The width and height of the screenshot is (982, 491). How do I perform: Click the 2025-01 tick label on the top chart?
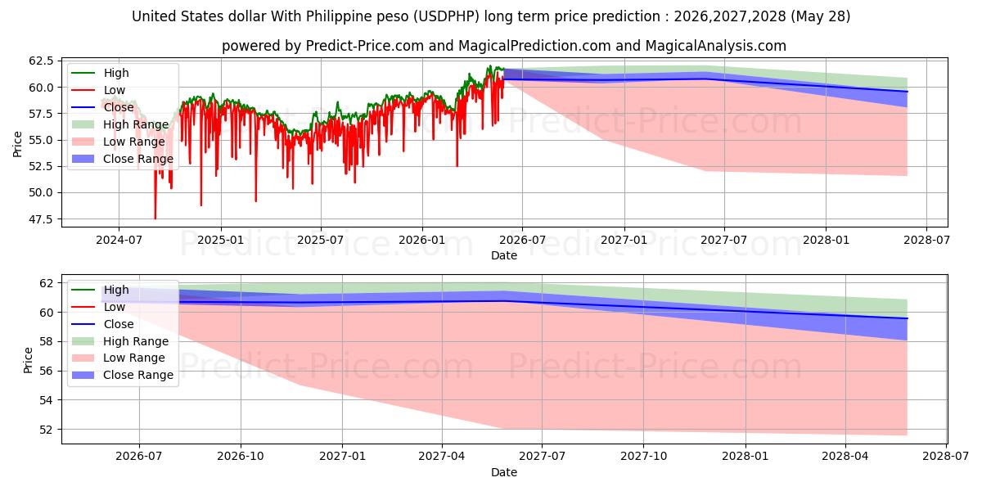(x=220, y=240)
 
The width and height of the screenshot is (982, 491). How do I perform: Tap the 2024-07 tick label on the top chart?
(x=119, y=240)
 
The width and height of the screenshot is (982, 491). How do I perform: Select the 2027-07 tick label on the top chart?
(x=723, y=240)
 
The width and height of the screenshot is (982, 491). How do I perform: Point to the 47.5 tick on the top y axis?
(x=41, y=219)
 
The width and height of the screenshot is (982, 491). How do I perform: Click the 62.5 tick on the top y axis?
(x=41, y=61)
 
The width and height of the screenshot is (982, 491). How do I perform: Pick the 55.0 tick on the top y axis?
(x=41, y=140)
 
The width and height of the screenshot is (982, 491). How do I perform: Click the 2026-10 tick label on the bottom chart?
(x=241, y=456)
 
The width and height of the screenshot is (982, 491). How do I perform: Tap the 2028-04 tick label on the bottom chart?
(x=845, y=456)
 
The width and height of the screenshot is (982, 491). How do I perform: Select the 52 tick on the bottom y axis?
(x=46, y=430)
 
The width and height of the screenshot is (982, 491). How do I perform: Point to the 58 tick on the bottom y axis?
(x=46, y=342)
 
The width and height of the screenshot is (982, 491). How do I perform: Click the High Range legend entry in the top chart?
(x=120, y=124)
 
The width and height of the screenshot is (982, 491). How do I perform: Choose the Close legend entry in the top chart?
(x=102, y=107)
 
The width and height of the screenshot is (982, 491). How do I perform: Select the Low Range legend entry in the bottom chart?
(x=119, y=358)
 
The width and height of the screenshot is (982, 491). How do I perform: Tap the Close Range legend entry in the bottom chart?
(x=122, y=376)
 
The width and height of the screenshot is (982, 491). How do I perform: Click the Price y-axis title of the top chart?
(x=17, y=144)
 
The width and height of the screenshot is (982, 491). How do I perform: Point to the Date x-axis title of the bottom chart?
(x=504, y=472)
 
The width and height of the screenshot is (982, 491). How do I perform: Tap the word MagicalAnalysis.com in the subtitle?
(x=716, y=46)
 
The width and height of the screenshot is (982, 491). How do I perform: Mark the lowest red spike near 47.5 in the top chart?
(x=155, y=218)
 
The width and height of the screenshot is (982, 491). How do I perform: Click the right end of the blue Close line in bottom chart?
(x=907, y=318)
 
